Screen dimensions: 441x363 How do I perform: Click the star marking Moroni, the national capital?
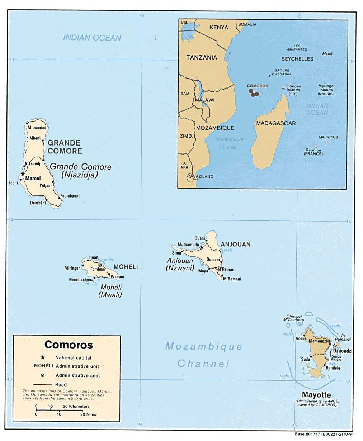pyautogui.click(x=23, y=174)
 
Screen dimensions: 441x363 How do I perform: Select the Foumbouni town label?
pyautogui.click(x=70, y=196)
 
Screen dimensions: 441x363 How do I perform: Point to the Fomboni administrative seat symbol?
pyautogui.click(x=100, y=265)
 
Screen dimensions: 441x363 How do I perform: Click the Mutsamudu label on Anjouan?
pyautogui.click(x=188, y=245)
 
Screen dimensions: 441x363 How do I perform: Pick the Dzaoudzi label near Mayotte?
pyautogui.click(x=343, y=351)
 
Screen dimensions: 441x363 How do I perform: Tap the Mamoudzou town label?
pyautogui.click(x=320, y=341)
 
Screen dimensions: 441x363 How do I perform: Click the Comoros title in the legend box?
pyautogui.click(x=69, y=345)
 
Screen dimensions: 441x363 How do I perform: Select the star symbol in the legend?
pyautogui.click(x=43, y=357)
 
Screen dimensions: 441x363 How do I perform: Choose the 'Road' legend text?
pyautogui.click(x=61, y=384)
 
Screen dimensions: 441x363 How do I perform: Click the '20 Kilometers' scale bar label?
pyautogui.click(x=76, y=406)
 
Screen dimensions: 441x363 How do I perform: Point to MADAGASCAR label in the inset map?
pyautogui.click(x=276, y=123)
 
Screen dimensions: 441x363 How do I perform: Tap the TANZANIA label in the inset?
pyautogui.click(x=202, y=57)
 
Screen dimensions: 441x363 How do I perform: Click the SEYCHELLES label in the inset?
pyautogui.click(x=297, y=59)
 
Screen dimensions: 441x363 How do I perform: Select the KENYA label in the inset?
pyautogui.click(x=219, y=27)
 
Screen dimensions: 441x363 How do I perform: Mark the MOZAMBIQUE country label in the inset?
pyautogui.click(x=215, y=128)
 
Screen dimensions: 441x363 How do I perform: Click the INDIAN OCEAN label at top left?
pyautogui.click(x=92, y=38)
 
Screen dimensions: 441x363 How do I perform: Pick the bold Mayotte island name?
pyautogui.click(x=316, y=395)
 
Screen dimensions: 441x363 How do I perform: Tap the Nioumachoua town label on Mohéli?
pyautogui.click(x=81, y=279)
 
